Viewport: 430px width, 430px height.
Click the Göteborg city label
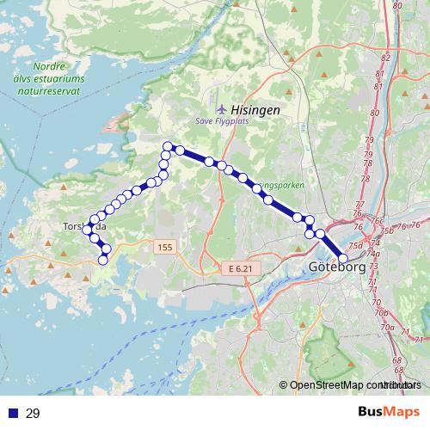(336, 267)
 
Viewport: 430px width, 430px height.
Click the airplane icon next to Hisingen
(224, 108)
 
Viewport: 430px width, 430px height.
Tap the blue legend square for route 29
(11, 414)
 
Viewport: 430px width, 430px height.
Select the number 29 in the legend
(34, 414)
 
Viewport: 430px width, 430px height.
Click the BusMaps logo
(389, 413)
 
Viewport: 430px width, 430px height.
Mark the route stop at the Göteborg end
(343, 258)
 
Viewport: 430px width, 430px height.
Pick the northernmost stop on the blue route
(168, 145)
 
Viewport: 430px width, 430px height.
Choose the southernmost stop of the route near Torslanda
(102, 259)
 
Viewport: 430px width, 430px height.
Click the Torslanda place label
(83, 227)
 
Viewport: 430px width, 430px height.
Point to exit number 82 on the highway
(384, 58)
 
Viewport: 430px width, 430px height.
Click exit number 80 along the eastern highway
(374, 112)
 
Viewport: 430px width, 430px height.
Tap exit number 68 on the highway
(396, 359)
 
